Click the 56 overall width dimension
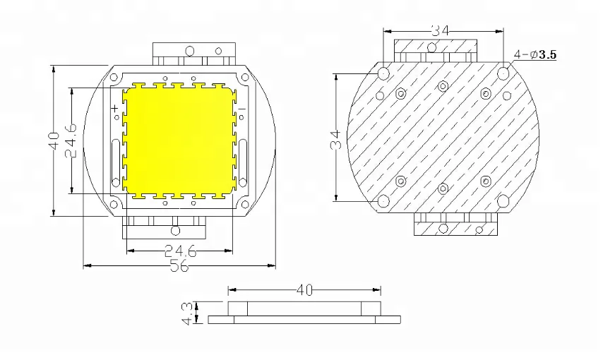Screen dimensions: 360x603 [x=179, y=266]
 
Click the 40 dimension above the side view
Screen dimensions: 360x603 [x=304, y=289]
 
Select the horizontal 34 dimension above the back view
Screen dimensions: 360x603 [x=442, y=30]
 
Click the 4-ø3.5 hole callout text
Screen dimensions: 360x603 [x=535, y=54]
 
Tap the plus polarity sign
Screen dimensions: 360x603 [x=114, y=109]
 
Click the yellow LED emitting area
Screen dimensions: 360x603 [x=179, y=140]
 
